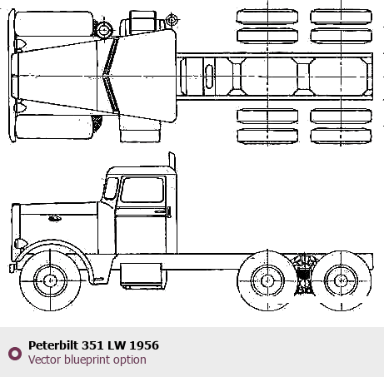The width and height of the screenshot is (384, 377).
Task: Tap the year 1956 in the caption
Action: [x=144, y=345]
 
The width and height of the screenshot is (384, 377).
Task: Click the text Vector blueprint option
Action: [x=87, y=360]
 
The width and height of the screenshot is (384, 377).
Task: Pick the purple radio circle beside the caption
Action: [x=15, y=354]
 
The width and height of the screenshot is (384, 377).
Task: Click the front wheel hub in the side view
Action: [x=50, y=280]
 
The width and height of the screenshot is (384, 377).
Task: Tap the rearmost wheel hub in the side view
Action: [x=342, y=280]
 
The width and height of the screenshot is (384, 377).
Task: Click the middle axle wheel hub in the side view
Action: [x=267, y=280]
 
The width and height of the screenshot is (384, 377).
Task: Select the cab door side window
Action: [x=142, y=190]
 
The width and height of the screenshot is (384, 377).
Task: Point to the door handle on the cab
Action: [x=168, y=212]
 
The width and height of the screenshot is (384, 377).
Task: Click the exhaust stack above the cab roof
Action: [x=172, y=160]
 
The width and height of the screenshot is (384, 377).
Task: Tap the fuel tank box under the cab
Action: [x=141, y=276]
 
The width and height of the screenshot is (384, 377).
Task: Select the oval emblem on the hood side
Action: [x=55, y=218]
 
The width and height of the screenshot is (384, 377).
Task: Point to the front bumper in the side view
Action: [x=12, y=268]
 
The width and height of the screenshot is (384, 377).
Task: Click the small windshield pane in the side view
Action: [x=111, y=188]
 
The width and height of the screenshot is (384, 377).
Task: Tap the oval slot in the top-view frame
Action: [x=209, y=77]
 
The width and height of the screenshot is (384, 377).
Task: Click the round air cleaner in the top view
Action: [x=104, y=29]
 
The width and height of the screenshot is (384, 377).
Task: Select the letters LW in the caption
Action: [x=117, y=345]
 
